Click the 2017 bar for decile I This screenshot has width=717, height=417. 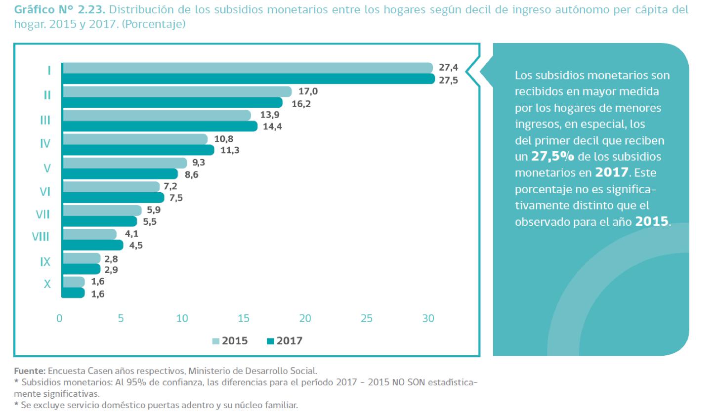tap(249, 79)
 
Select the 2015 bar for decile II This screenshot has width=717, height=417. tap(177, 91)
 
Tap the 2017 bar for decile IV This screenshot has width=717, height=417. tap(138, 150)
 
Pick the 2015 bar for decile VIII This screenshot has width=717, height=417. tap(90, 234)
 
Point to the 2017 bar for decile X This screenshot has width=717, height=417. tap(74, 293)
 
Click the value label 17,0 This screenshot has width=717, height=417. tap(308, 91)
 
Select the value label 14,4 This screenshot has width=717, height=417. tap(272, 126)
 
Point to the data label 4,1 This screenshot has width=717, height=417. tap(131, 234)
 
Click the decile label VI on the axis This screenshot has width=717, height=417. tap(45, 192)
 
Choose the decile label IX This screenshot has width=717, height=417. tap(45, 262)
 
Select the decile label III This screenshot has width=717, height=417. tap(45, 120)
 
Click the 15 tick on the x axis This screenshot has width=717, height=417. tap(244, 318)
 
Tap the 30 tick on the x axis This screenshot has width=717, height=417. tap(428, 318)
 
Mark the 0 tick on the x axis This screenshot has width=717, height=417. tap(59, 318)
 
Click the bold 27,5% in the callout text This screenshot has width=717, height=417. tap(552, 157)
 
